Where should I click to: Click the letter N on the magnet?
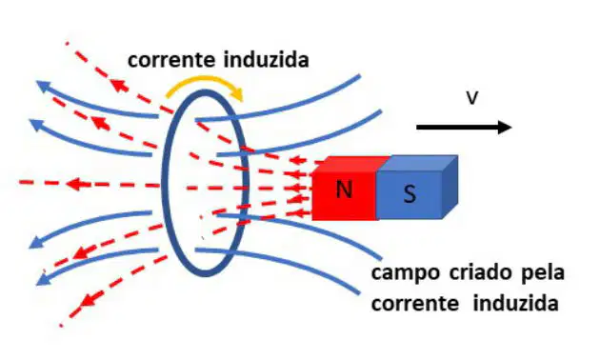[344, 189]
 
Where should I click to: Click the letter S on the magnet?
[410, 193]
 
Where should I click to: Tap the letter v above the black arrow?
[472, 97]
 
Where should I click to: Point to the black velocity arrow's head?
[505, 127]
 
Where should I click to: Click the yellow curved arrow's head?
[237, 94]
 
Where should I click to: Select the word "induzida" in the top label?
[266, 60]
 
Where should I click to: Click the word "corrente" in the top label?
[171, 60]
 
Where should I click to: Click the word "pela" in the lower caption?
[544, 273]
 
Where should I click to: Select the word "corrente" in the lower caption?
[415, 304]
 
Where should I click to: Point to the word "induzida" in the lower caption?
[515, 303]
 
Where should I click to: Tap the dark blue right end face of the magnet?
[450, 187]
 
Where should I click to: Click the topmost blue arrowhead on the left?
[44, 87]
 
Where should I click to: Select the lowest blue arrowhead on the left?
[43, 279]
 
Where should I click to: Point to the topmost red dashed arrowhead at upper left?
[119, 86]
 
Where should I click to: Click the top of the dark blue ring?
[206, 92]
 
